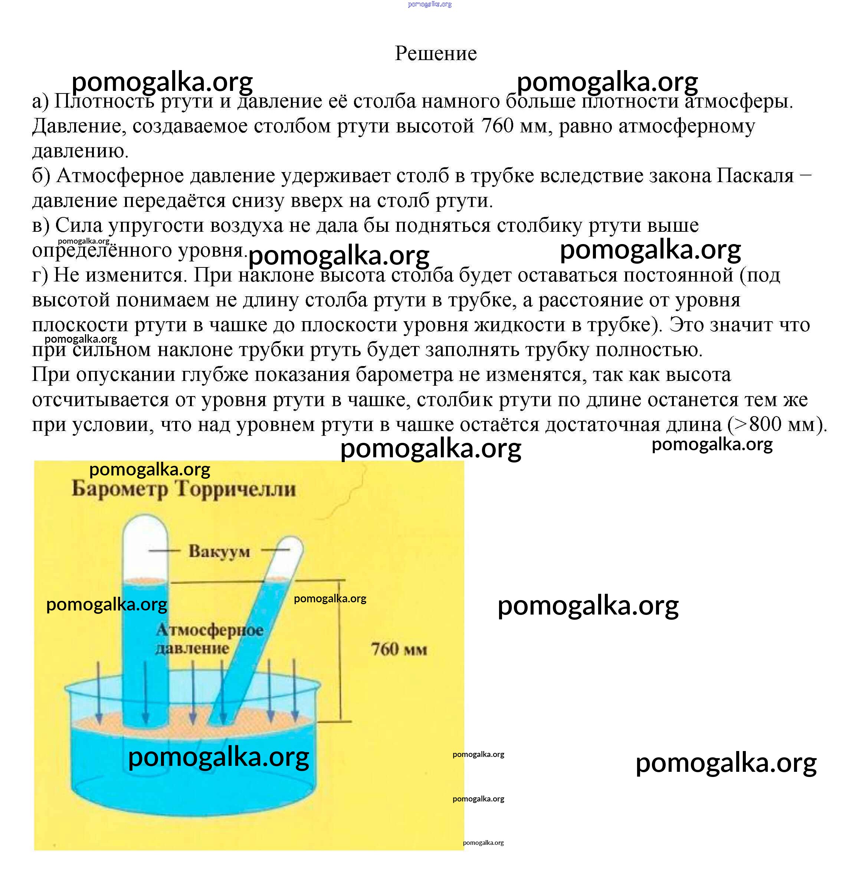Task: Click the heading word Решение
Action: tap(436, 53)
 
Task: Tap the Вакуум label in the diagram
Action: tap(219, 551)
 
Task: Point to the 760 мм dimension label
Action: tap(399, 649)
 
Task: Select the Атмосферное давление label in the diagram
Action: tap(210, 639)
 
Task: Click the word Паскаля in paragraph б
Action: tap(755, 175)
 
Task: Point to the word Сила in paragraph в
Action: tap(79, 225)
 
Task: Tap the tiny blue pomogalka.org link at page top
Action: tap(430, 4)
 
